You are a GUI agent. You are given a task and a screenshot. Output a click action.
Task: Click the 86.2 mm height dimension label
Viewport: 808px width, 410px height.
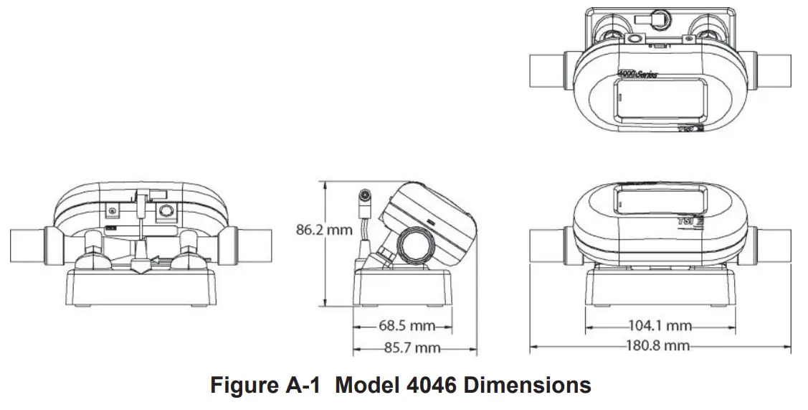(x=325, y=230)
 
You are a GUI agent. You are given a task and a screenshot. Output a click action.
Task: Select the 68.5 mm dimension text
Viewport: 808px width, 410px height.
(x=407, y=326)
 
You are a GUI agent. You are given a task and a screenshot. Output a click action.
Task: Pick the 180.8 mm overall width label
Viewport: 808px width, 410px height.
(x=658, y=346)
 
